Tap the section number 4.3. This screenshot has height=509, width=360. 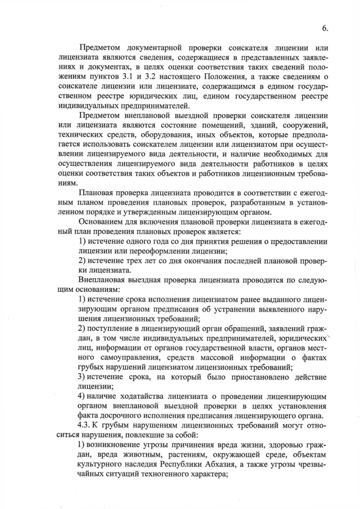click(x=87, y=425)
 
